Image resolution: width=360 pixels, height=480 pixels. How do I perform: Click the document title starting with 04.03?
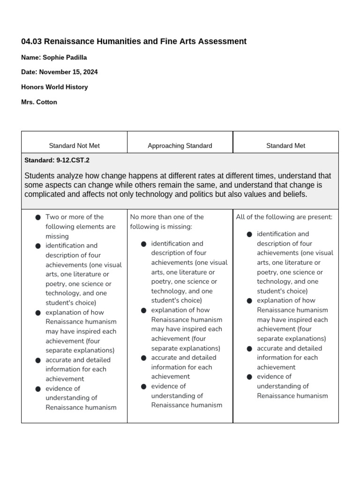click(134, 41)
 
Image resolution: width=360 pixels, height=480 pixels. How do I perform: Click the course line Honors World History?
click(54, 87)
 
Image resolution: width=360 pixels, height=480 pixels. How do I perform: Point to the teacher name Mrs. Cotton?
click(39, 102)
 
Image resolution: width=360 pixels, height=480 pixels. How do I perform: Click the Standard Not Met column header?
click(74, 146)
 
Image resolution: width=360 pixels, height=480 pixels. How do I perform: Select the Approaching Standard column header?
click(180, 146)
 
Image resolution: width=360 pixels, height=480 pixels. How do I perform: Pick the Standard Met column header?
click(285, 146)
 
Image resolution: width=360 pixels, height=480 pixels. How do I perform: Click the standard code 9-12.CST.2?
click(73, 160)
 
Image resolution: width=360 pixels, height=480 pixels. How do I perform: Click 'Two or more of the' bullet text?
click(75, 217)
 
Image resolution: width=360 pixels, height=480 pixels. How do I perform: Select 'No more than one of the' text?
click(167, 217)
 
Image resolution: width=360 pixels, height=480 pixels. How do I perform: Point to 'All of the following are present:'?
click(284, 217)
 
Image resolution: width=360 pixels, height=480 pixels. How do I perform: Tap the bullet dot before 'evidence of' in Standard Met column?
click(249, 377)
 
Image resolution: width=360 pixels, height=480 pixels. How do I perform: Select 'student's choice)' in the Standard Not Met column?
click(71, 303)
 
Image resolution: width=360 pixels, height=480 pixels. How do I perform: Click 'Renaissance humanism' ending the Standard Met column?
click(292, 396)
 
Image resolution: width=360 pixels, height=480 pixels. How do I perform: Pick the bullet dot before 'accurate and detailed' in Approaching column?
click(143, 358)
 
